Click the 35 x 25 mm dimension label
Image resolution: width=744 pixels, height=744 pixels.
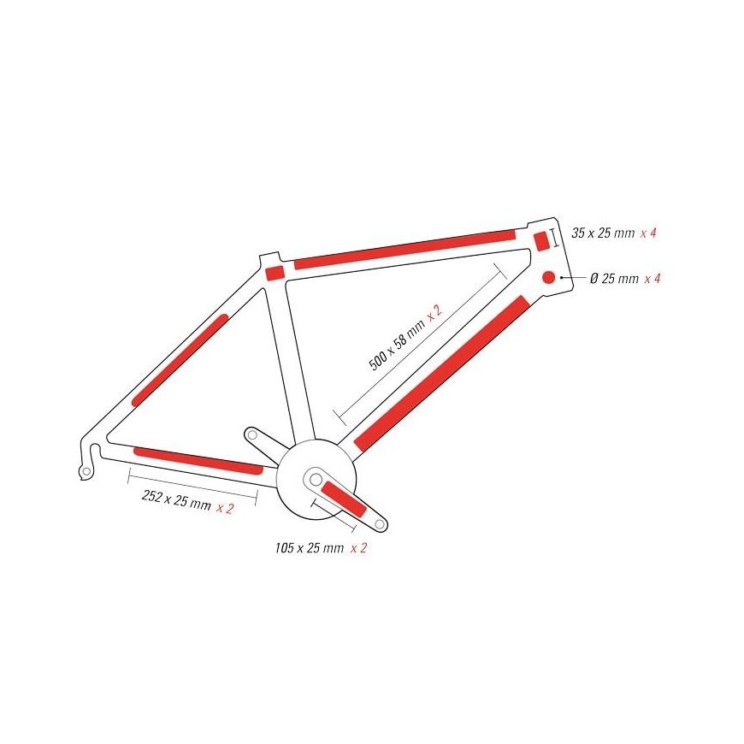(603, 233)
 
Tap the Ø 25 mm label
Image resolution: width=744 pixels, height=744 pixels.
(615, 279)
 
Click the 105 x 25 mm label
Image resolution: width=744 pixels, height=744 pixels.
(310, 548)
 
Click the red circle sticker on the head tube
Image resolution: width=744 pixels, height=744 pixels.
(548, 277)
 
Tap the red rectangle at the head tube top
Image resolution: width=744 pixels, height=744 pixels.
(541, 241)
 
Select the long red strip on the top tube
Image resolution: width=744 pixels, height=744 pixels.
(404, 250)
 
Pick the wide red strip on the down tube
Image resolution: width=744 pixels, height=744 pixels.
(442, 373)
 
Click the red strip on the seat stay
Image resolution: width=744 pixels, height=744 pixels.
(180, 360)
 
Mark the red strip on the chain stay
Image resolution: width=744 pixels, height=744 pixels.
(198, 461)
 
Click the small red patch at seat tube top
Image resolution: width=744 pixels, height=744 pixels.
(275, 273)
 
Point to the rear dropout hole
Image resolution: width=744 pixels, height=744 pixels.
(86, 471)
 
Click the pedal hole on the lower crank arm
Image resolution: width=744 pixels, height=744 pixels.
(379, 524)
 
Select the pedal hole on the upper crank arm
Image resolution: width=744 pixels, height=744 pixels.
(252, 434)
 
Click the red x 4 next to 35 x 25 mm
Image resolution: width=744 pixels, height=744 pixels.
(648, 233)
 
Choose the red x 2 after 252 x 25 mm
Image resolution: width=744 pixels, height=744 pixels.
(225, 508)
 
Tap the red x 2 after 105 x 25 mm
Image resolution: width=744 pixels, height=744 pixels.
(358, 548)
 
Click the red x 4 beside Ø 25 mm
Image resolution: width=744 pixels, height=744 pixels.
(652, 279)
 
